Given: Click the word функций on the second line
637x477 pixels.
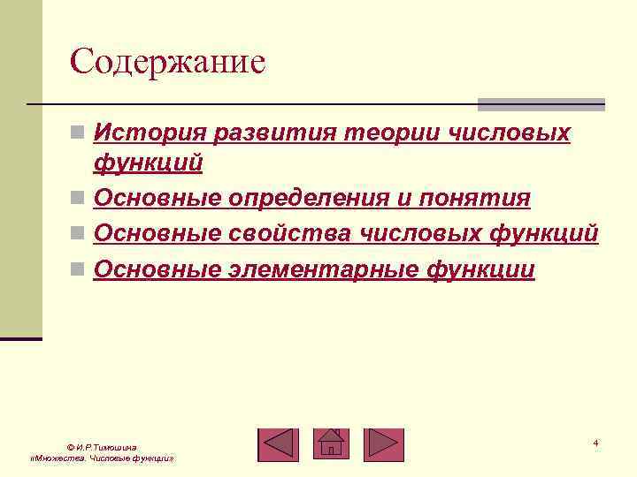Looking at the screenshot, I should (x=149, y=163).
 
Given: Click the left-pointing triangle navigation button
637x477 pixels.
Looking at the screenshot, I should (x=278, y=444).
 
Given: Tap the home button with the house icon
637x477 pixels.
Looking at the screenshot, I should (x=332, y=443).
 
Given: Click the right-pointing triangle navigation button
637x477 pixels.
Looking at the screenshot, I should (x=383, y=444).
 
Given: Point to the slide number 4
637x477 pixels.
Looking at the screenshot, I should (x=595, y=443).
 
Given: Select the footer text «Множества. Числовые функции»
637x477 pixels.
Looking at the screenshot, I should (x=102, y=460).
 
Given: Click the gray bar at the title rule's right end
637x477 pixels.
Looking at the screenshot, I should (x=541, y=104).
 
